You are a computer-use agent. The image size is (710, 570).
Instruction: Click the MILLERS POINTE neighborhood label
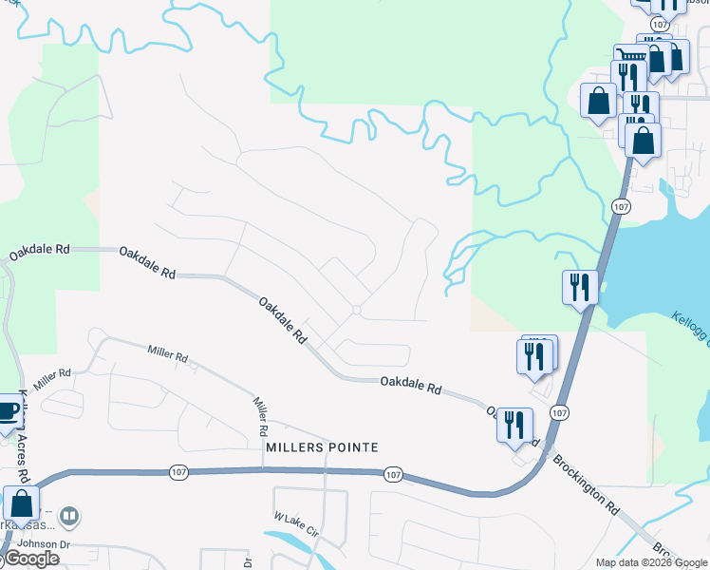pos(322,447)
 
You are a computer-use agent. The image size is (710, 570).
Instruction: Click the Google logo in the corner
pos(30,559)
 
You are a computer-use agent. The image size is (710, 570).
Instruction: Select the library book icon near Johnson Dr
pos(68,517)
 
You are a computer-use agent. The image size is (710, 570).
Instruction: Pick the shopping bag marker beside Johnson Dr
pos(21,504)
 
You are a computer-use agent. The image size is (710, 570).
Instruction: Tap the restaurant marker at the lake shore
pos(579,286)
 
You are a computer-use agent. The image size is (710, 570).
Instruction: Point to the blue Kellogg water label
pos(690,328)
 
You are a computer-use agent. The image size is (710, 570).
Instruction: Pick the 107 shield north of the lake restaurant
pos(621,207)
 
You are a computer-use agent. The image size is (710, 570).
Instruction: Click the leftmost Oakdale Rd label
pos(39,252)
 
